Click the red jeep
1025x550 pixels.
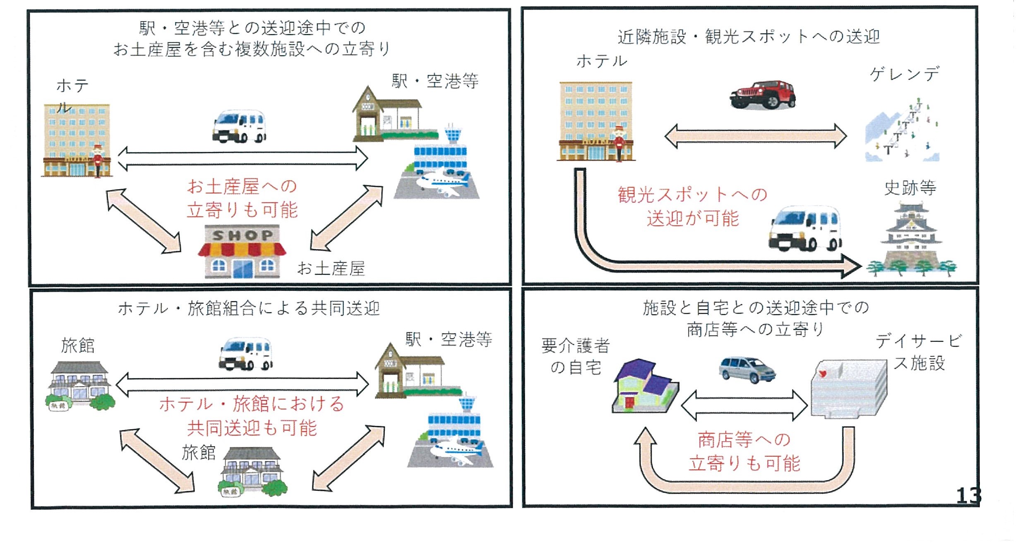(x=763, y=95)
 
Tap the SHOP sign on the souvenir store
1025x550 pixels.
(x=242, y=235)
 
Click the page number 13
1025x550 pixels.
(x=968, y=495)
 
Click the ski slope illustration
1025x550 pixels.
(x=902, y=132)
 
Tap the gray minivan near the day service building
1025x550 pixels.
(x=747, y=369)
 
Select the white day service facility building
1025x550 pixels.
(x=848, y=388)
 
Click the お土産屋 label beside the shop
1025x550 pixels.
(x=331, y=269)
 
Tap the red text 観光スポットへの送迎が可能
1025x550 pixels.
(x=693, y=206)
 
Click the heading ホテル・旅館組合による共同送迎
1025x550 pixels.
(x=249, y=308)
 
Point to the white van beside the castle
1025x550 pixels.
(x=805, y=229)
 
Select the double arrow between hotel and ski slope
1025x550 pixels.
(x=755, y=136)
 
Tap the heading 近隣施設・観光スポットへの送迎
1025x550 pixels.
(x=749, y=37)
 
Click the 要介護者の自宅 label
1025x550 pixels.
(x=576, y=356)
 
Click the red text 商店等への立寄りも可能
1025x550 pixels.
(x=744, y=451)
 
